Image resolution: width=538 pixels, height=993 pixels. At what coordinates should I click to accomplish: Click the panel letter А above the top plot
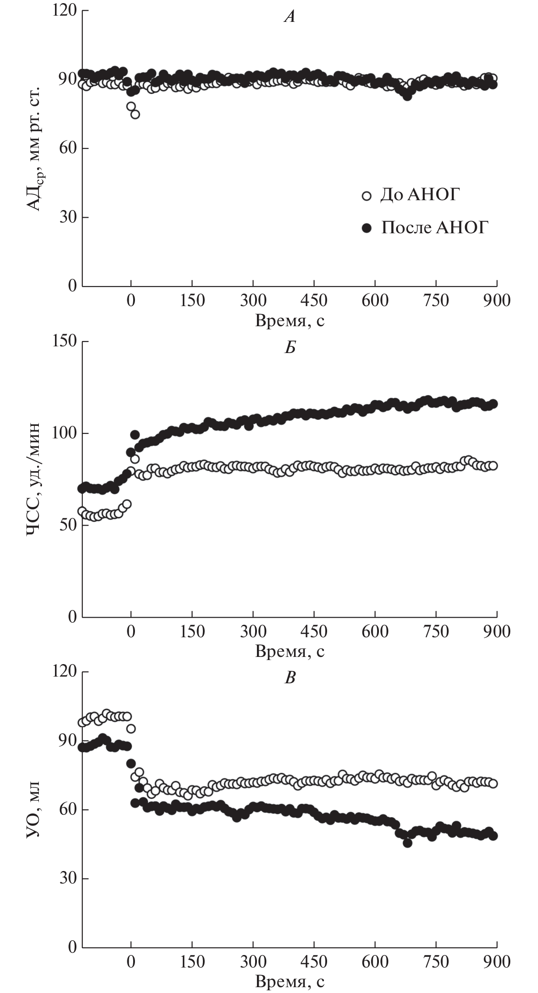(x=290, y=17)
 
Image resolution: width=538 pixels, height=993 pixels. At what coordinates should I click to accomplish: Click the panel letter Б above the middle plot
(x=290, y=348)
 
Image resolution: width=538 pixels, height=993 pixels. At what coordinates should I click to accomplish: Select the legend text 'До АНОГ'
(x=420, y=195)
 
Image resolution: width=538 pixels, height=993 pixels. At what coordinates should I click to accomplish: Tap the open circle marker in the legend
(x=367, y=196)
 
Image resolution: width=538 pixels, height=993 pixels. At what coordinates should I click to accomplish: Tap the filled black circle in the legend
(x=367, y=228)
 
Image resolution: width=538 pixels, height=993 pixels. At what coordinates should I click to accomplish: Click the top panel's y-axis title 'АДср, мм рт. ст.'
(x=36, y=147)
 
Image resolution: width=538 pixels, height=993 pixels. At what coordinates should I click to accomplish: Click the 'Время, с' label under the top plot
(x=290, y=321)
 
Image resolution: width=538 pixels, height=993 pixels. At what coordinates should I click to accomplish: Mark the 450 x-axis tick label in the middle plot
(x=314, y=631)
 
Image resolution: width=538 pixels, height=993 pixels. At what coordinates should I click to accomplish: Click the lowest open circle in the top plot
(x=135, y=114)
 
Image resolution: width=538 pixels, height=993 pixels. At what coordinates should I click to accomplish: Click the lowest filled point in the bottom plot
(x=408, y=843)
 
